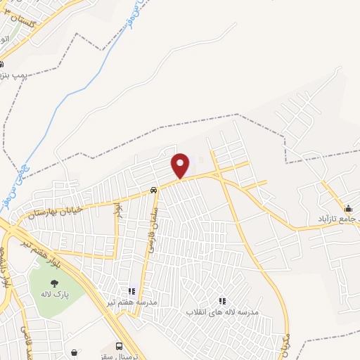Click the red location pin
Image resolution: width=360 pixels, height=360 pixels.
tap(181, 165)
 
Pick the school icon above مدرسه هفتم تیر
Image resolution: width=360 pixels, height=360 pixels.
tap(131, 291)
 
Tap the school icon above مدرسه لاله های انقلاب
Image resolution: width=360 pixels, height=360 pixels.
tap(222, 300)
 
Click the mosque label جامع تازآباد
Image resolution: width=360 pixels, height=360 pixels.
tap(338, 219)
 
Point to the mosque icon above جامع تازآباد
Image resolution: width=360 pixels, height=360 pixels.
tap(348, 208)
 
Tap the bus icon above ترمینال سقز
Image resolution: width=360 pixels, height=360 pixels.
tap(119, 346)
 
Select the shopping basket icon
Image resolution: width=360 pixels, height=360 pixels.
tap(75, 352)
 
